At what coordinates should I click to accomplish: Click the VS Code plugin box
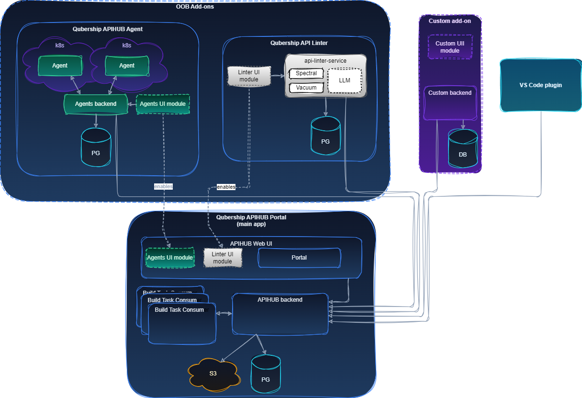tap(540, 85)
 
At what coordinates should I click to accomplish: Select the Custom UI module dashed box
tap(450, 47)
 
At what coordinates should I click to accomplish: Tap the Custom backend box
tap(450, 102)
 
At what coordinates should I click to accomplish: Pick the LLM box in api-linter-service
tap(344, 80)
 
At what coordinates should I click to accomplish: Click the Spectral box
tap(306, 74)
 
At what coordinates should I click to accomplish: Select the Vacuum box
tap(306, 88)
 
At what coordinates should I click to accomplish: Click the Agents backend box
tap(96, 104)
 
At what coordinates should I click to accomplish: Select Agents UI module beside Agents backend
tap(163, 104)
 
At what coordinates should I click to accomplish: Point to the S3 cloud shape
tap(213, 373)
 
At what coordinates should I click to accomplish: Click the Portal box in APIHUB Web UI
tap(299, 258)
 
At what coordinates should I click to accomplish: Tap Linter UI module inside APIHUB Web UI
tap(223, 258)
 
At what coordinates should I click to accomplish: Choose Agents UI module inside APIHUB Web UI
tap(170, 258)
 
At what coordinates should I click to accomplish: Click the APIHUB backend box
tap(280, 314)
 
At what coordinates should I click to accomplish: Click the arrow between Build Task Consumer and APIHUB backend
tap(224, 314)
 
